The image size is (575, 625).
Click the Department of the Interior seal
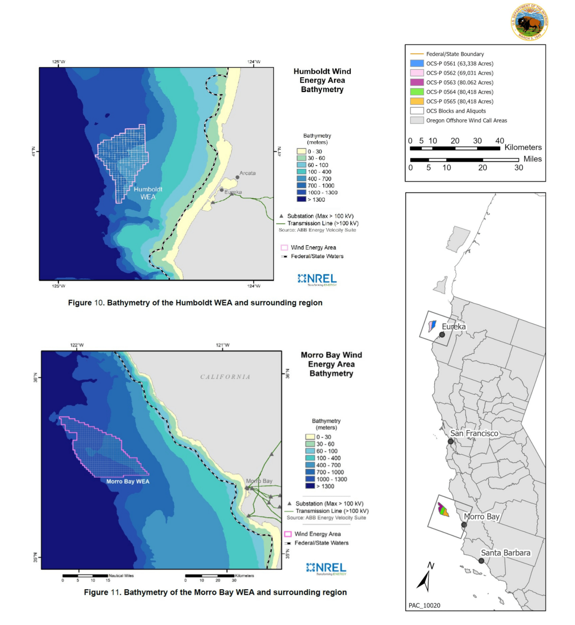point(529,22)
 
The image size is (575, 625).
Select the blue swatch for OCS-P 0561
point(417,63)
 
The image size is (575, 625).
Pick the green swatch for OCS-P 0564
point(417,92)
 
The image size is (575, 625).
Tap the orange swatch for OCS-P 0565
point(417,101)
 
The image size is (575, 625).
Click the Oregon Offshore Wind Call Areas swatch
point(417,120)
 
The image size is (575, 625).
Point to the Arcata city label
point(247,173)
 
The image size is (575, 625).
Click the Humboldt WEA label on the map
point(148,193)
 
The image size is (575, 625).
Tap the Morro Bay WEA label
point(128,481)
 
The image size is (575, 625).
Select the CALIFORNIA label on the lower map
point(225,377)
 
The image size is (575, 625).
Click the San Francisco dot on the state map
point(450,441)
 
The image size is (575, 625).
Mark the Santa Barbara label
point(505,553)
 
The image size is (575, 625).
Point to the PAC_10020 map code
point(424,605)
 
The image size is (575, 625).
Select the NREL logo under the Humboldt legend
point(317,279)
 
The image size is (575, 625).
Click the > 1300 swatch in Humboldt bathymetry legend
point(301,199)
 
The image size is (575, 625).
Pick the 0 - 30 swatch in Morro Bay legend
point(310,437)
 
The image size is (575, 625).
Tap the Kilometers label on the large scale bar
point(523,147)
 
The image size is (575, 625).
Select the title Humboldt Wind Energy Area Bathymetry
point(322,80)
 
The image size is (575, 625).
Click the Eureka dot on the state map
point(442,334)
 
